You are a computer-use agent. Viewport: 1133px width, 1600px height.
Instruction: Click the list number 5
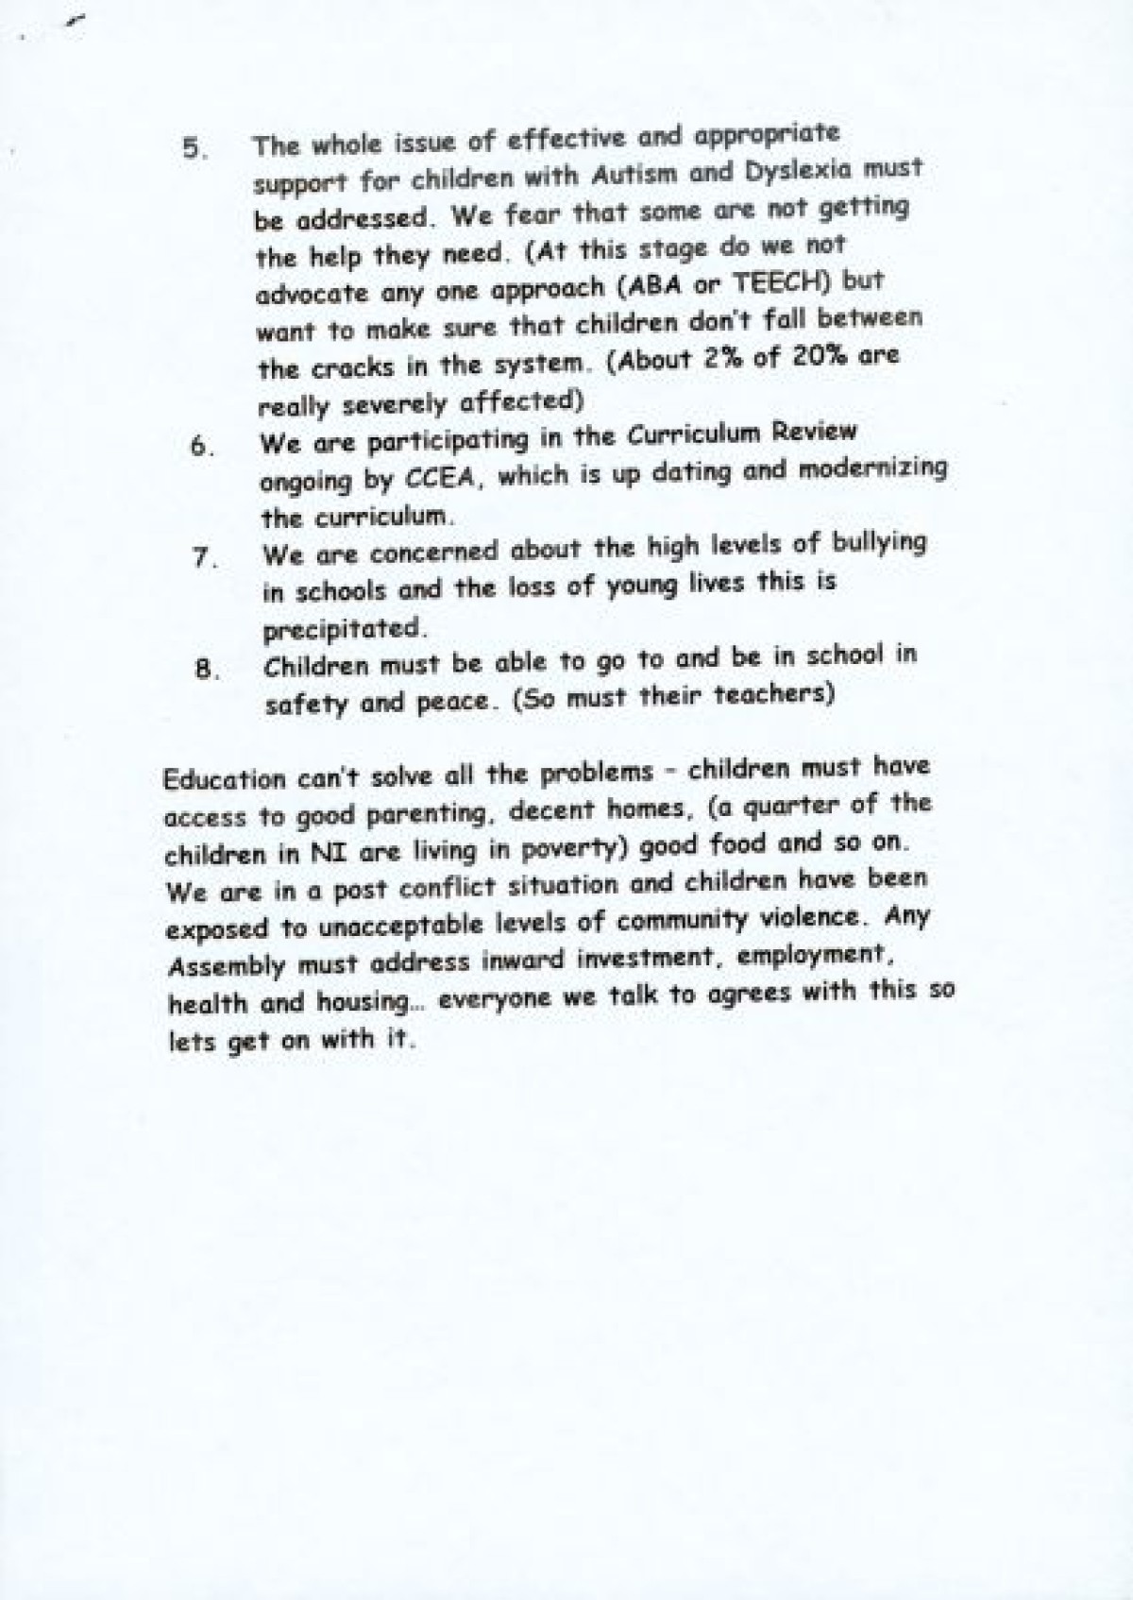click(x=193, y=149)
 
